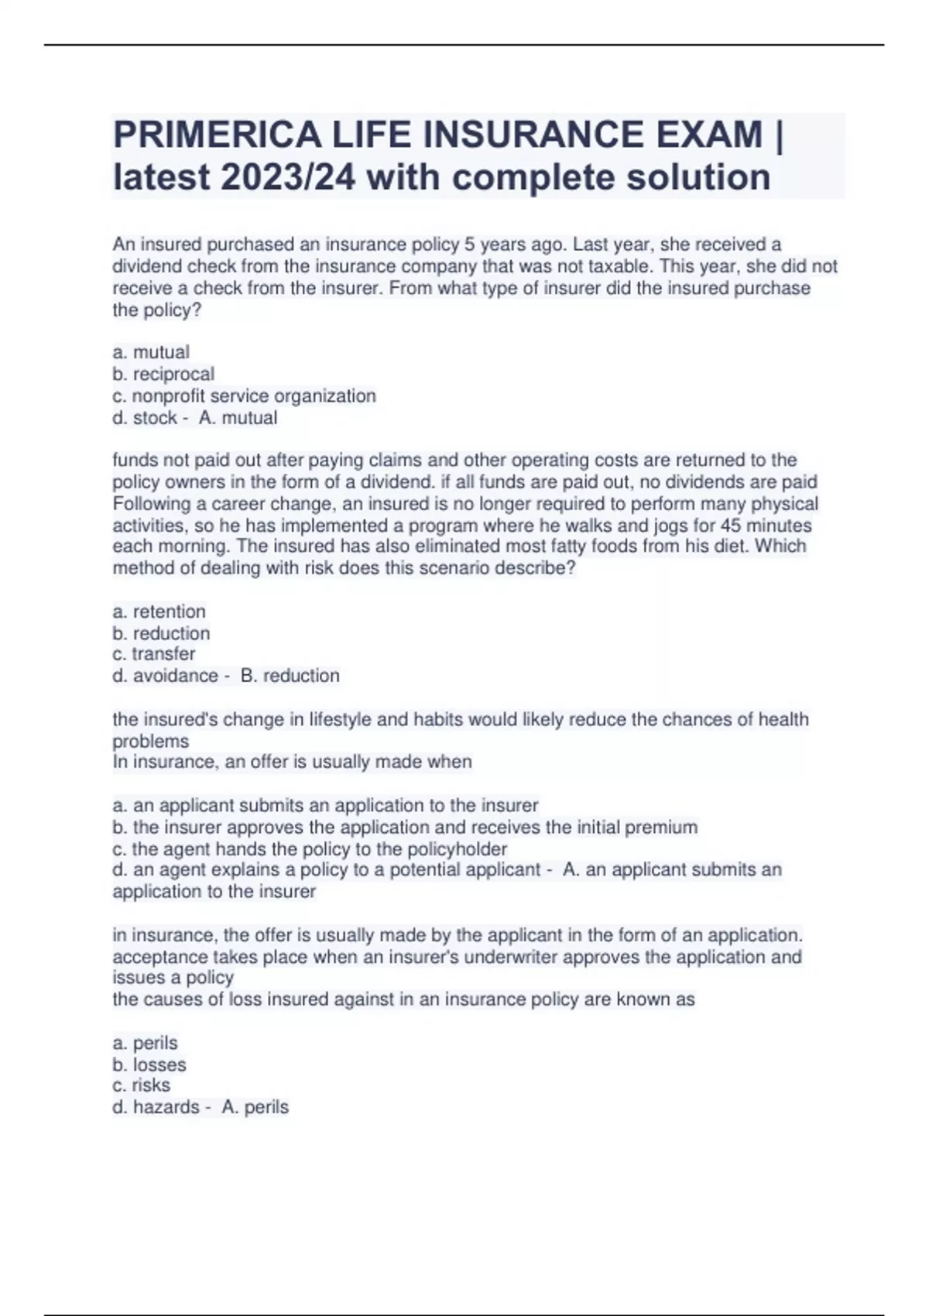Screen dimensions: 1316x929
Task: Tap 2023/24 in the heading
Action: (x=288, y=177)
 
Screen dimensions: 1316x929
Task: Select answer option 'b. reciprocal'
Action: (x=163, y=374)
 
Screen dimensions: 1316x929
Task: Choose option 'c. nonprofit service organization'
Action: (x=244, y=396)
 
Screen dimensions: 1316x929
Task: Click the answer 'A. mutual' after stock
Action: (x=238, y=418)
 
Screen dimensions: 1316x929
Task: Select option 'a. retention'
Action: (x=159, y=612)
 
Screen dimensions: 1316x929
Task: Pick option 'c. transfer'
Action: (x=153, y=653)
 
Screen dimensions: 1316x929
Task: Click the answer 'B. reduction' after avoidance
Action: (x=290, y=676)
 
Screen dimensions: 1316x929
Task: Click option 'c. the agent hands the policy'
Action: (x=310, y=848)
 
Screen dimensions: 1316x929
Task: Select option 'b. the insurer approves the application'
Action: (x=405, y=827)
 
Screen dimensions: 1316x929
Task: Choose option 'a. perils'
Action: (x=145, y=1043)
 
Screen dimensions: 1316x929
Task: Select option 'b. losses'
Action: (x=149, y=1064)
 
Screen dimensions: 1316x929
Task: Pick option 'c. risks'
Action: (x=141, y=1085)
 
